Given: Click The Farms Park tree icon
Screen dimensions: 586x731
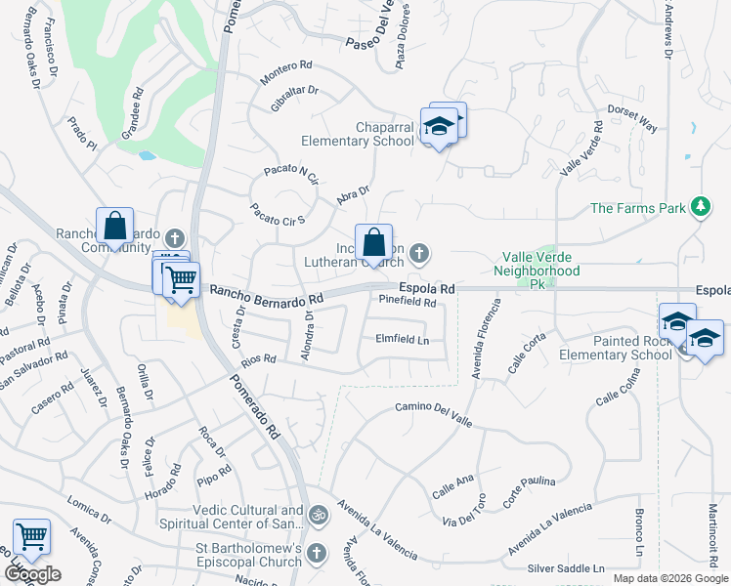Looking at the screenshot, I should [x=700, y=207].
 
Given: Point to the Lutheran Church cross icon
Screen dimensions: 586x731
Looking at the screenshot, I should [x=419, y=255].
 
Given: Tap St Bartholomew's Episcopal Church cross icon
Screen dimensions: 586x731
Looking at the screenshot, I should [x=316, y=554].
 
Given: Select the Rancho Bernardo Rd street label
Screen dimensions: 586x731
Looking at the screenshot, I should [x=266, y=293].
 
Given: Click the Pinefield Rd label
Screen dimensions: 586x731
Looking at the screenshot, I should [x=407, y=303].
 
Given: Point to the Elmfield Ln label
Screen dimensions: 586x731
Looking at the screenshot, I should [x=403, y=340].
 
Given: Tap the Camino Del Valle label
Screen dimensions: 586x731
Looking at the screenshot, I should [x=434, y=412].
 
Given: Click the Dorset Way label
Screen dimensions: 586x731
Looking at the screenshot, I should [x=632, y=120].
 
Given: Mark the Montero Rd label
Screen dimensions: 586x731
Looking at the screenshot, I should [x=285, y=71].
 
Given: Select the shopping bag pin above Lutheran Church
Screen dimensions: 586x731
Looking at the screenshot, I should [x=373, y=244].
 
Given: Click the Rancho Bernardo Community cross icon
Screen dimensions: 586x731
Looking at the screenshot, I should [x=175, y=237].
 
